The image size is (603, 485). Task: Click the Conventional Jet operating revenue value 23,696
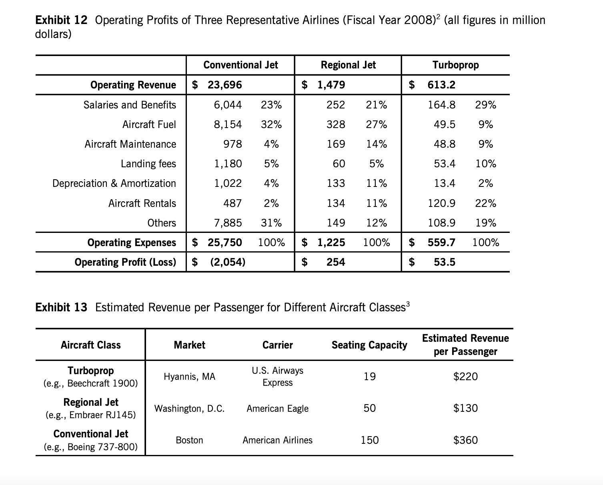(x=224, y=84)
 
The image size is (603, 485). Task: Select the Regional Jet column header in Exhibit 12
(x=348, y=65)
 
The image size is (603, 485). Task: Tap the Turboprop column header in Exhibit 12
(x=456, y=65)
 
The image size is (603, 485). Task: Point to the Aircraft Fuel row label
(x=149, y=124)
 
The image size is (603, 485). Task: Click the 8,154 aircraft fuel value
(x=228, y=124)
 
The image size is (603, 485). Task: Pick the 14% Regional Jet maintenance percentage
(x=376, y=144)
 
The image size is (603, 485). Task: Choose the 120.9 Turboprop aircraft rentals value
(x=442, y=203)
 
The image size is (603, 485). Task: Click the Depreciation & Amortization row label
(x=114, y=183)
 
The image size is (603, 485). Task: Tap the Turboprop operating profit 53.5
(x=445, y=262)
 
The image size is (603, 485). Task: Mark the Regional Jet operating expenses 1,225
(x=331, y=242)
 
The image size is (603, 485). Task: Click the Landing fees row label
(x=148, y=164)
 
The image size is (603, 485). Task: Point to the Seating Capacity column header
(x=369, y=345)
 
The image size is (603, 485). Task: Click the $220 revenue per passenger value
(x=465, y=376)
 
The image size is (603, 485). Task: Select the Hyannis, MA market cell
(x=189, y=377)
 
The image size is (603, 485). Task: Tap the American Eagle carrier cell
(x=277, y=409)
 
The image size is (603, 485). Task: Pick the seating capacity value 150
(x=369, y=440)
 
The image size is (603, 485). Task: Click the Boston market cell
(x=189, y=440)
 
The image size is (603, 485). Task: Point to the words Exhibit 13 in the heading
(x=61, y=307)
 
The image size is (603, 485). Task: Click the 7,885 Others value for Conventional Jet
(x=228, y=223)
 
